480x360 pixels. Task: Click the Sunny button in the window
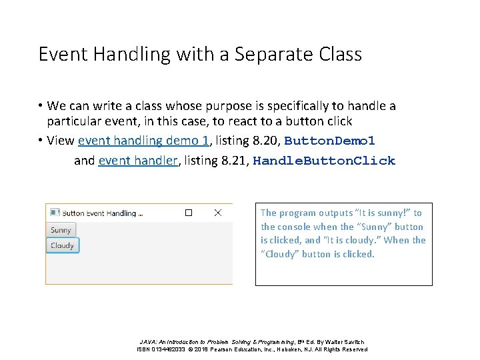click(61, 230)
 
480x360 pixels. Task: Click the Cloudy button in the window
click(63, 245)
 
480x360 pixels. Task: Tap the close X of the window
click(217, 213)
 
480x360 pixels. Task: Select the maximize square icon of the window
click(189, 213)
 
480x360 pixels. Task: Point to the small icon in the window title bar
click(54, 213)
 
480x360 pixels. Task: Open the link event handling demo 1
click(143, 141)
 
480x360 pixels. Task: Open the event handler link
click(138, 161)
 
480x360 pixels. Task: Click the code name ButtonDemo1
click(330, 141)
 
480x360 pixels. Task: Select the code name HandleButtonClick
click(324, 161)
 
